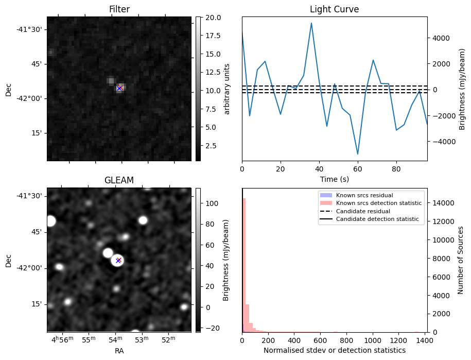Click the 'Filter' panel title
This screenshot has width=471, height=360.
pos(119,9)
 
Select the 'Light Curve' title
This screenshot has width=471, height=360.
pos(334,9)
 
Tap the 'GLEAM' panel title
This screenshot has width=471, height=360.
pos(119,180)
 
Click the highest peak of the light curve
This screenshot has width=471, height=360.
pos(311,23)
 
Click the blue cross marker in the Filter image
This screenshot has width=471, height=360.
pos(119,88)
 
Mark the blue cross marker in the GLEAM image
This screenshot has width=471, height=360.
pos(118,260)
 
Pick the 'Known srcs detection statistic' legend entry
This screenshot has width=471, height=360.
pos(378,203)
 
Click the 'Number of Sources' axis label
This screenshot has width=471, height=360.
pos(461,260)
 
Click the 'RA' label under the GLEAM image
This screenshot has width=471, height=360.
pos(119,350)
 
